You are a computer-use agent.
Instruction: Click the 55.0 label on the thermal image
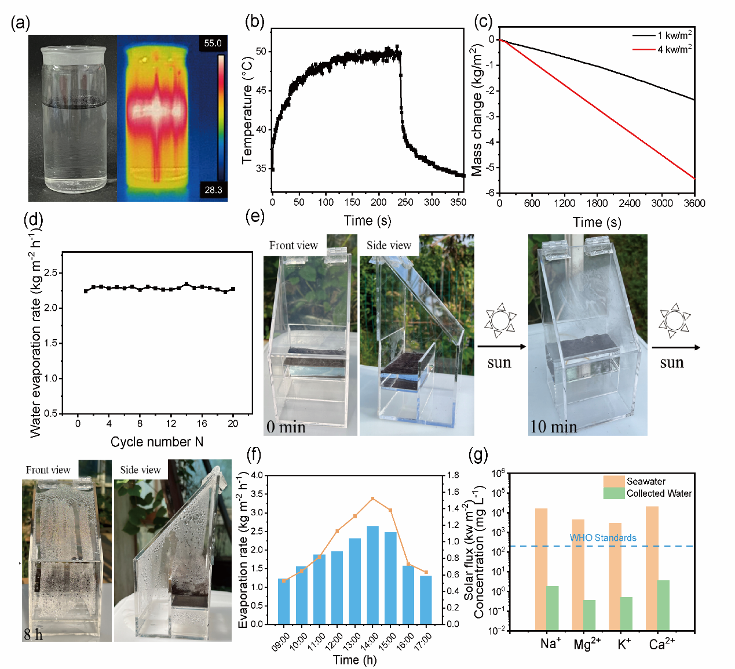(213, 43)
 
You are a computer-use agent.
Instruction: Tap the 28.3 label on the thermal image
(213, 190)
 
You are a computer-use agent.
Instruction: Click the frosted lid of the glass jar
(73, 52)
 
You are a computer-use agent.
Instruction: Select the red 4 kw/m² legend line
(643, 49)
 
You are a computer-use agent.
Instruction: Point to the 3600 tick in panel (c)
(694, 203)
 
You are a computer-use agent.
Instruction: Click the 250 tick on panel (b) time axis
(405, 202)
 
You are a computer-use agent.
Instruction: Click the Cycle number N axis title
(157, 442)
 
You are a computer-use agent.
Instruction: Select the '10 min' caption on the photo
(554, 427)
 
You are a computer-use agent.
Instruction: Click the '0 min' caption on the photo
(286, 427)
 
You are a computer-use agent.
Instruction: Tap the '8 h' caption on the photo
(33, 634)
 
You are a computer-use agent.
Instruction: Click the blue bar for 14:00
(373, 574)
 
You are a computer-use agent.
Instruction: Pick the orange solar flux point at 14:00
(372, 499)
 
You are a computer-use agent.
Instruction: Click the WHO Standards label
(603, 538)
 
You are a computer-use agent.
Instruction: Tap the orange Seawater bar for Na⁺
(541, 568)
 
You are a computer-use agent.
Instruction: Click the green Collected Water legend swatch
(613, 493)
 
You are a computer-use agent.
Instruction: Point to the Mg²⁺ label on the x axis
(587, 644)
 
